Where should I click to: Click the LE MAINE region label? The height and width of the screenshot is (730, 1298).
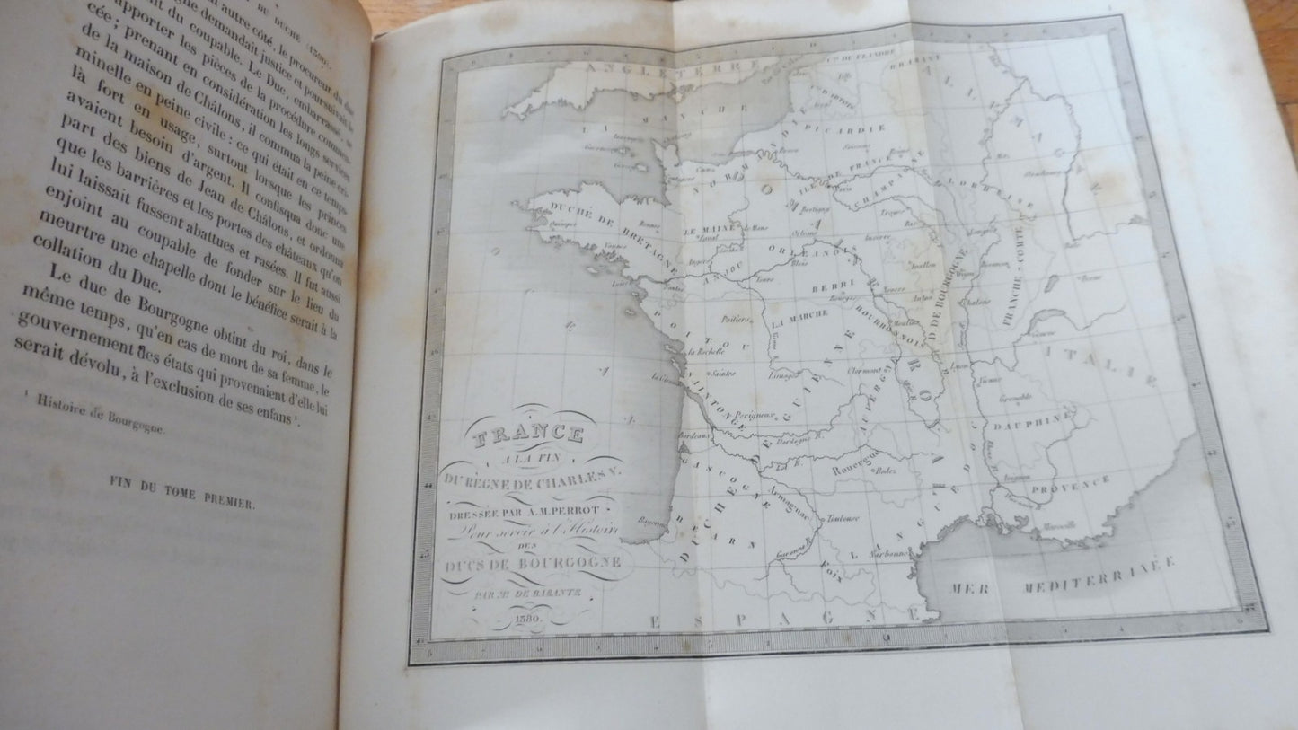pos(708,230)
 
